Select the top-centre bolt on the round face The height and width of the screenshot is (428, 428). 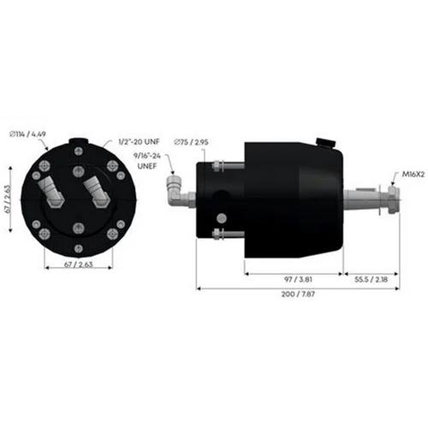tap(79, 152)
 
